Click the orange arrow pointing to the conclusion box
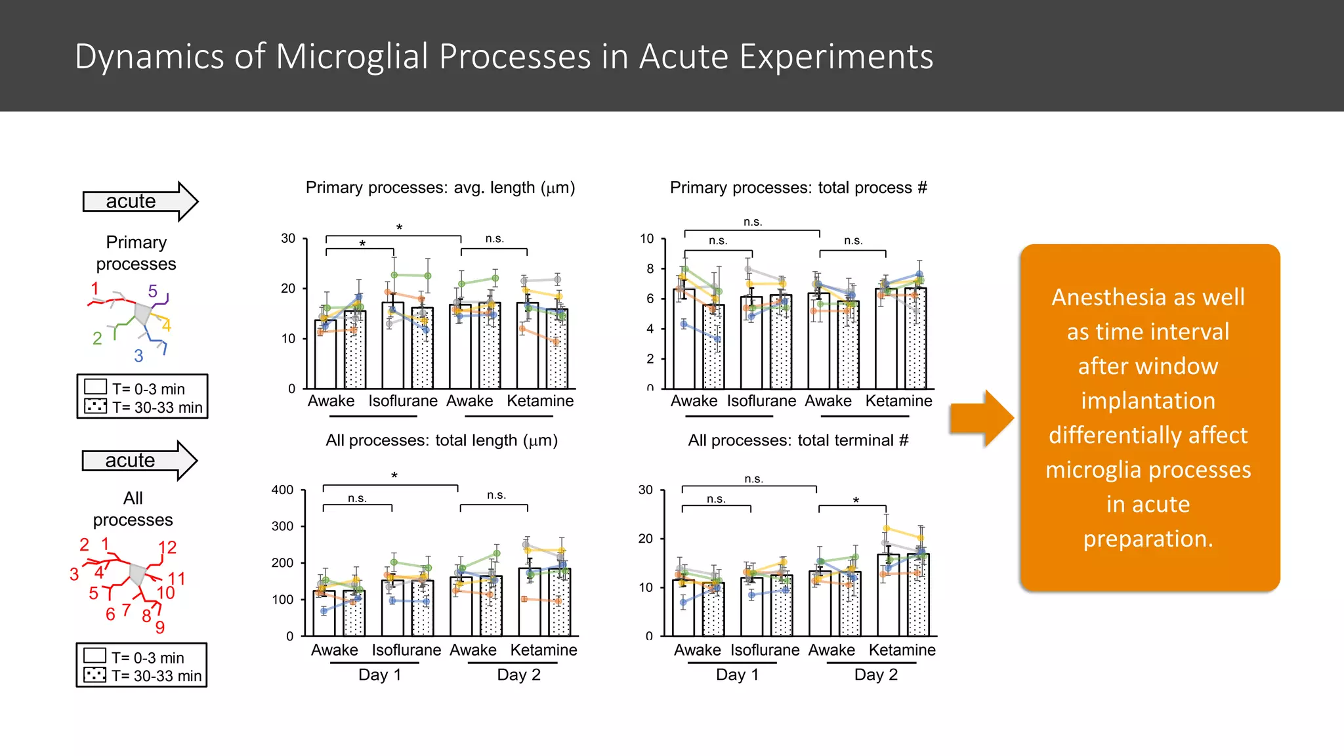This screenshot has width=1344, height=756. tap(982, 418)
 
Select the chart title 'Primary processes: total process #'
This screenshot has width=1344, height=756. tap(798, 188)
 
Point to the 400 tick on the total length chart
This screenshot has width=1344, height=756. tap(282, 490)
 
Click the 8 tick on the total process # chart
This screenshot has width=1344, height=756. tap(650, 268)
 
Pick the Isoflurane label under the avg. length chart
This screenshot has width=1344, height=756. tap(402, 401)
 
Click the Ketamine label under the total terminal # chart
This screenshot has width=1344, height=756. tap(902, 650)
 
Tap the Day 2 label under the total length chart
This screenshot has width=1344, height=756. tap(518, 675)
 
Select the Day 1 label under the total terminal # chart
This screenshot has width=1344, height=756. tap(737, 675)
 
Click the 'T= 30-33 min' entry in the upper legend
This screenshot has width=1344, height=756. tap(157, 408)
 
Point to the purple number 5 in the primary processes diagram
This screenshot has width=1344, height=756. tap(152, 291)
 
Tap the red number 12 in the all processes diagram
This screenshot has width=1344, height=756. tap(167, 547)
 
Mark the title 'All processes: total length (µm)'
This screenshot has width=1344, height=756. tap(442, 440)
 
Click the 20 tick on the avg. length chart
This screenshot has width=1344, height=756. tap(288, 288)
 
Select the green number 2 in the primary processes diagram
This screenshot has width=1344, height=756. tap(97, 338)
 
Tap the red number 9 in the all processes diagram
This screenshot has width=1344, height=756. tap(159, 627)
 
